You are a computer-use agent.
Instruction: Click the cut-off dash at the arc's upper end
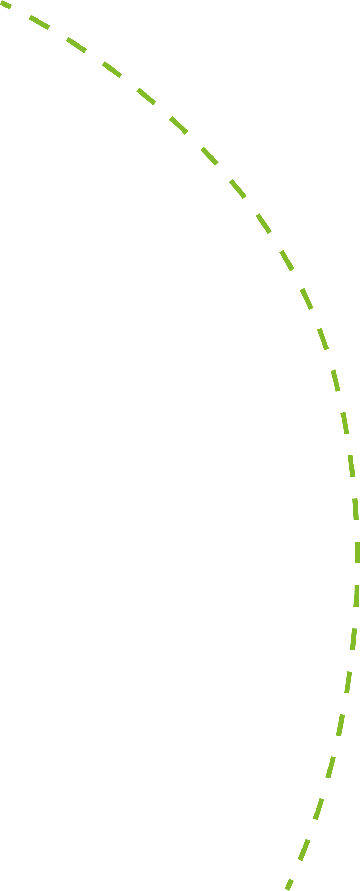pyautogui.click(x=5, y=5)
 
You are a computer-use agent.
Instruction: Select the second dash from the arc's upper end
pyautogui.click(x=39, y=23)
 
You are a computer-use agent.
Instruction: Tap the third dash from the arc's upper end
pyautogui.click(x=76, y=45)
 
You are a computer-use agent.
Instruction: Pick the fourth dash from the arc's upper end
pyautogui.click(x=112, y=69)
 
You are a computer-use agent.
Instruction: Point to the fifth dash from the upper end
pyautogui.click(x=146, y=96)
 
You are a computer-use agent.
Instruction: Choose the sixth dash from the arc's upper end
pyautogui.click(x=178, y=125)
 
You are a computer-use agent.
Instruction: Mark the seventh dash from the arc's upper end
pyautogui.click(x=209, y=156)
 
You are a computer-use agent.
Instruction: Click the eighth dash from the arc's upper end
pyautogui.click(x=237, y=189)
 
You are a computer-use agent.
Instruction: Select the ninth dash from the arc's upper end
pyautogui.click(x=263, y=224)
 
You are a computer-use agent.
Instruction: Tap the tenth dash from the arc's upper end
pyautogui.click(x=287, y=260)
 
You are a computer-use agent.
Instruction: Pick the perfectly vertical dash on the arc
pyautogui.click(x=357, y=553)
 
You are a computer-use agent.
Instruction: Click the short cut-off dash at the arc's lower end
pyautogui.click(x=289, y=884)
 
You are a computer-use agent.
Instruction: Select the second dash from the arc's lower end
pyautogui.click(x=304, y=850)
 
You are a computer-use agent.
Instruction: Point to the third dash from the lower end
pyautogui.click(x=319, y=809)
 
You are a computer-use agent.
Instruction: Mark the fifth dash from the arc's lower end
pyautogui.click(x=340, y=725)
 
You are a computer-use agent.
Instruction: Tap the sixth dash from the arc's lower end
pyautogui.click(x=348, y=682)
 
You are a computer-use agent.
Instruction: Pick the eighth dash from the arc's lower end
pyautogui.click(x=357, y=596)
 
